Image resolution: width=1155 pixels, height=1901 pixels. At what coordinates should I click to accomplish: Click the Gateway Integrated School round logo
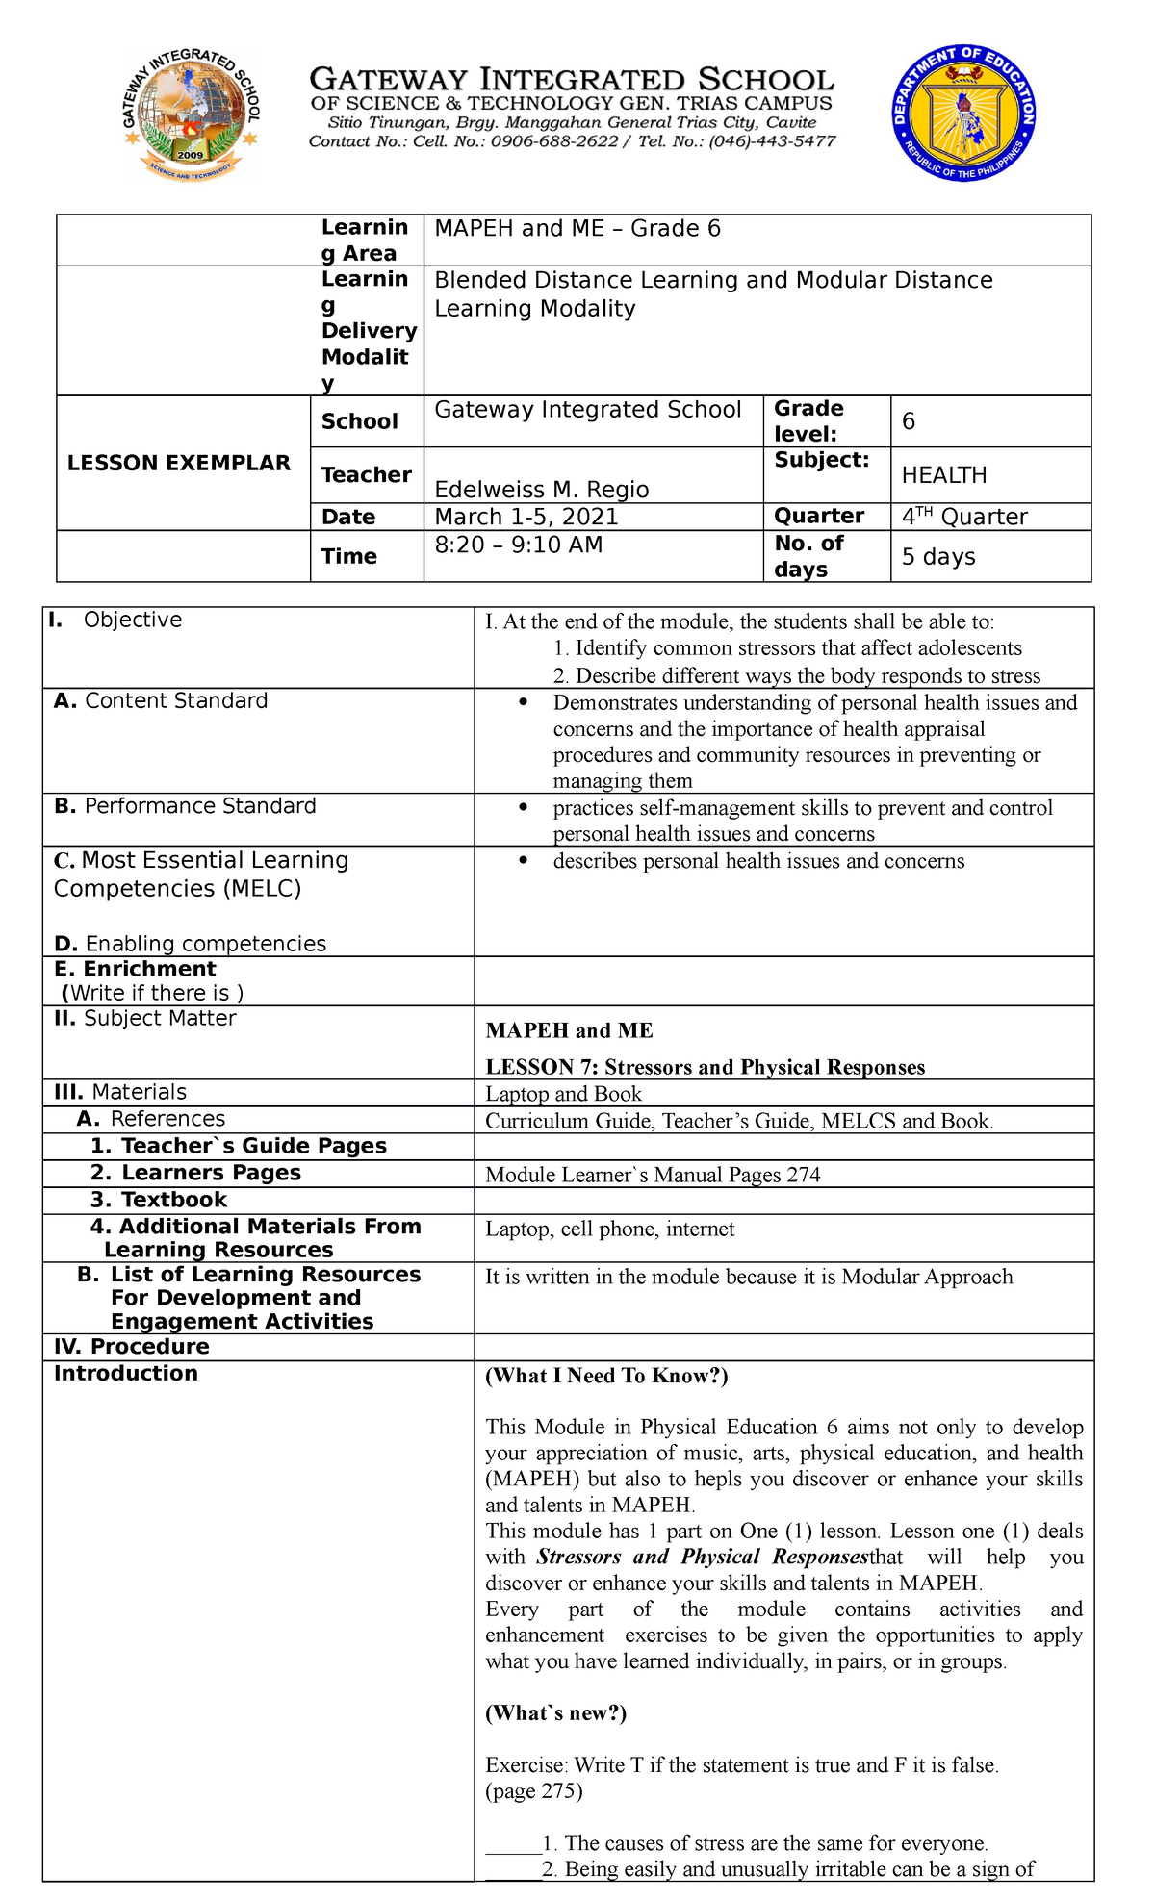pyautogui.click(x=191, y=114)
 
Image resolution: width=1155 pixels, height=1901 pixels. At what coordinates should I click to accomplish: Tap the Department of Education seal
pyautogui.click(x=963, y=114)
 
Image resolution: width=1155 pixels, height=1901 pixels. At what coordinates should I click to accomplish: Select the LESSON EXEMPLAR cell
pyautogui.click(x=179, y=463)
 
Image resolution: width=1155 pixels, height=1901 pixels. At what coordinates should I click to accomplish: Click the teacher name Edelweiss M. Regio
pyautogui.click(x=541, y=489)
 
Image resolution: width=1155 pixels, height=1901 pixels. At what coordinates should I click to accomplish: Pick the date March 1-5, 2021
pyautogui.click(x=526, y=517)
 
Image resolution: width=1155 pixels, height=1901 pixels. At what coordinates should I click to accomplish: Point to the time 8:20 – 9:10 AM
pyautogui.click(x=518, y=545)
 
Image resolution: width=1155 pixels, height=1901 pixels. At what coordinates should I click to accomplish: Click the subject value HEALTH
pyautogui.click(x=943, y=475)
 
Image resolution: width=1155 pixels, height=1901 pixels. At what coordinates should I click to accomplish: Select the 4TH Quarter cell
pyautogui.click(x=963, y=517)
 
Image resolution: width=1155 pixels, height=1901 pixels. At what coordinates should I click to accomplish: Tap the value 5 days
pyautogui.click(x=937, y=557)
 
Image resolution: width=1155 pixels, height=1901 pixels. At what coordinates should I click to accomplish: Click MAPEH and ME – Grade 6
pyautogui.click(x=577, y=229)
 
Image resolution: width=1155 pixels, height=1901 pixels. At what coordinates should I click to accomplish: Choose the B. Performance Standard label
pyautogui.click(x=185, y=806)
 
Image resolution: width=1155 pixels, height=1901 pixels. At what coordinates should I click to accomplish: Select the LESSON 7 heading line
pyautogui.click(x=705, y=1067)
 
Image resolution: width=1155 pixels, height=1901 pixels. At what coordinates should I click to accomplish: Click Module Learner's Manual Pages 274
pyautogui.click(x=653, y=1175)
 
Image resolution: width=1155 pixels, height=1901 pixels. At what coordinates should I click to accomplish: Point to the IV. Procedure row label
pyautogui.click(x=131, y=1347)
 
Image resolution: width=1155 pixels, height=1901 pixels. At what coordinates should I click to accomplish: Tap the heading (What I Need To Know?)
pyautogui.click(x=606, y=1376)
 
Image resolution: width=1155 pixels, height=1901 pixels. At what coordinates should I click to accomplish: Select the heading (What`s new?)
pyautogui.click(x=555, y=1712)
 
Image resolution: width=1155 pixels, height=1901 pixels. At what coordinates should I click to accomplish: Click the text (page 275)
pyautogui.click(x=533, y=1790)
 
